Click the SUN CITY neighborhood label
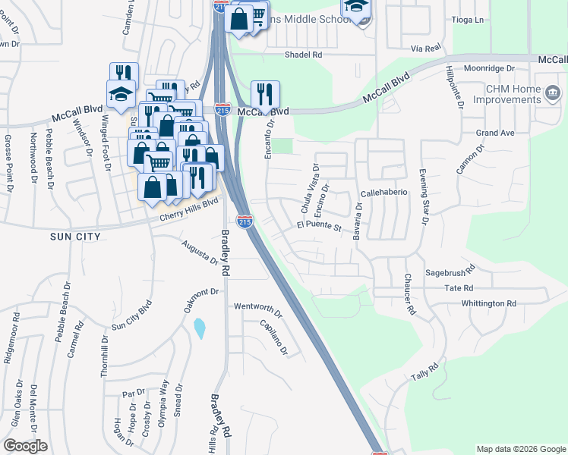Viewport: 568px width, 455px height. coord(75,237)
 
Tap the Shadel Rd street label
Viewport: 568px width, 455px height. coord(303,55)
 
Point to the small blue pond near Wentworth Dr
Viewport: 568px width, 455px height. coord(200,328)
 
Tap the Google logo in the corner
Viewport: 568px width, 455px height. coord(25,445)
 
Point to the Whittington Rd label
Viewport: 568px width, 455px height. coord(488,303)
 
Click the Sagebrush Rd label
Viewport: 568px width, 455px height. coord(450,270)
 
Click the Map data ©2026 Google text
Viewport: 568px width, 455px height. coord(520,449)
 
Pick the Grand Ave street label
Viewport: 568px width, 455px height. coord(494,133)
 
